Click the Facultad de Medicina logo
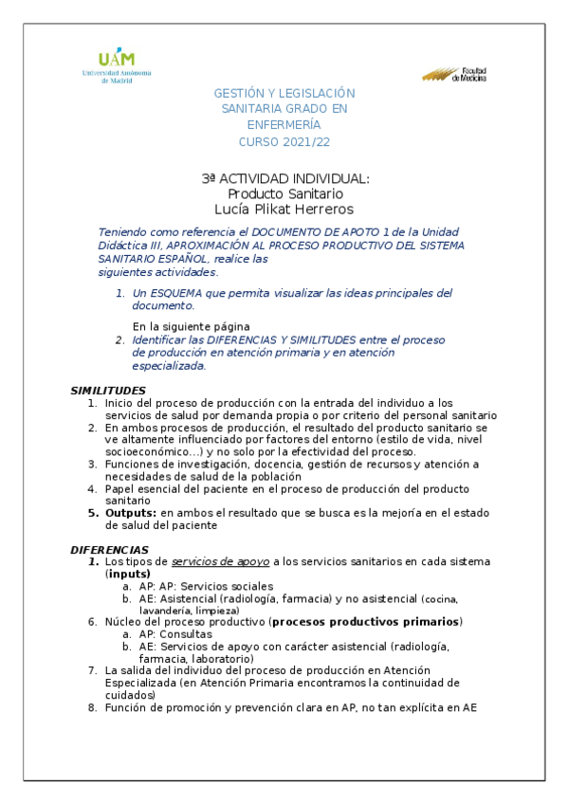click(454, 75)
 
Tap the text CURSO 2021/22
click(284, 141)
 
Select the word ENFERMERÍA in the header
click(284, 125)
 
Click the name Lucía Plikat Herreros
click(284, 209)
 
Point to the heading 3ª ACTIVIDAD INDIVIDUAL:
click(284, 179)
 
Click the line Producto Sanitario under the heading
click(284, 193)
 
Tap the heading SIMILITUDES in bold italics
click(108, 391)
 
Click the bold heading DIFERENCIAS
click(109, 550)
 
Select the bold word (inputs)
click(128, 575)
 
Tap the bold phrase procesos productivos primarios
click(366, 622)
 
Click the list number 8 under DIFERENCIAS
click(92, 707)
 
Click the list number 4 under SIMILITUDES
click(92, 488)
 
